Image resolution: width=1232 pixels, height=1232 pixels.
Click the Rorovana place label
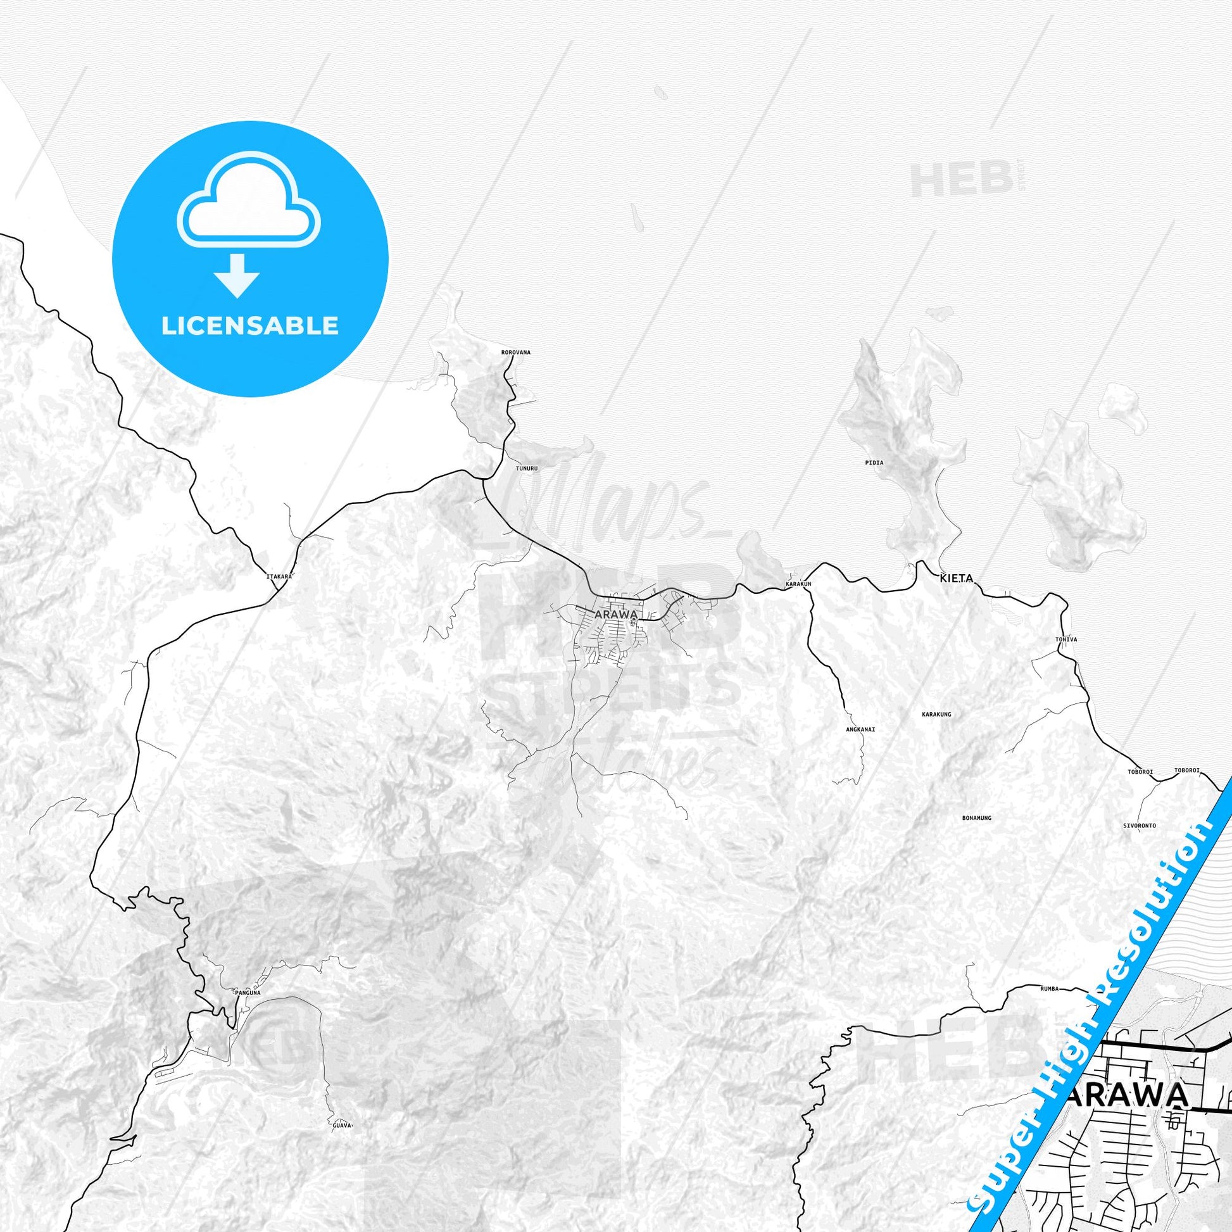516,352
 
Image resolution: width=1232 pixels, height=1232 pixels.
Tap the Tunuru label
527,468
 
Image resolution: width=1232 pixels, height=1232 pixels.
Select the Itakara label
279,577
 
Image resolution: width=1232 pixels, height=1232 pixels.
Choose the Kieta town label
957,579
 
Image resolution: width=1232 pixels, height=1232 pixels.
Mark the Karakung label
936,714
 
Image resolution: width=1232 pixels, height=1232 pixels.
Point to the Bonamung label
976,817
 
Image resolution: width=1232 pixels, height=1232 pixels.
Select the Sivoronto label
1140,825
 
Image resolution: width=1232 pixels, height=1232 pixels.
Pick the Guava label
343,1126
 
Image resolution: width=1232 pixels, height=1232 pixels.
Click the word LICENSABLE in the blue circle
250,326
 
